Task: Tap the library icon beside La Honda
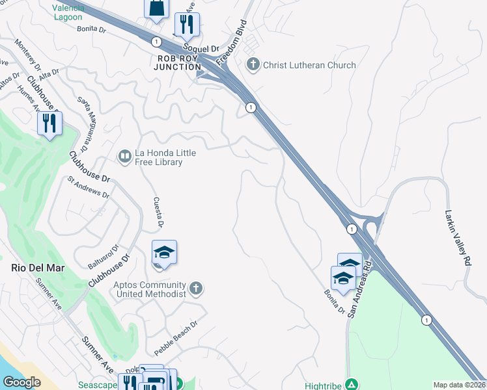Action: tap(124, 157)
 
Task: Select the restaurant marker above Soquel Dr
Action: tap(187, 25)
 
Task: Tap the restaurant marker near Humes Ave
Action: tap(50, 122)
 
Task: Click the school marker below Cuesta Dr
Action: tap(165, 253)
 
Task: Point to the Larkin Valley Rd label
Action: tap(467, 227)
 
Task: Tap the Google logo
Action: tap(21, 382)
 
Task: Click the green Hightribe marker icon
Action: tap(352, 385)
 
